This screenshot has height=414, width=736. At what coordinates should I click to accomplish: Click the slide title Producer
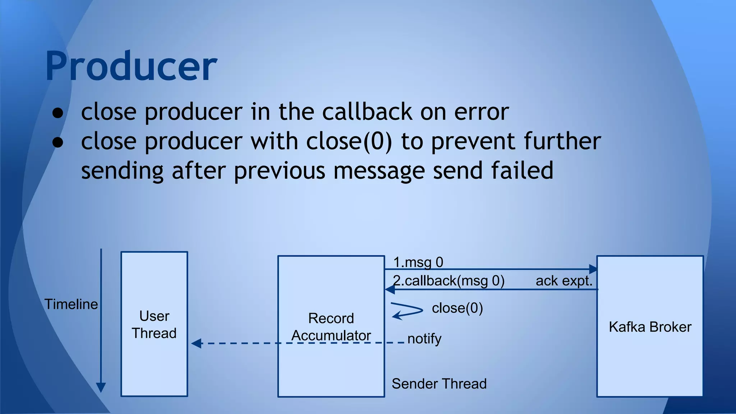(131, 66)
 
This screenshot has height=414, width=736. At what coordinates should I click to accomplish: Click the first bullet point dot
(57, 113)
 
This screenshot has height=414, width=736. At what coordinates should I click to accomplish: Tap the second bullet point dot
(57, 142)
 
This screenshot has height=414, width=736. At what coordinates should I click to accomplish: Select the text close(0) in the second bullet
(349, 141)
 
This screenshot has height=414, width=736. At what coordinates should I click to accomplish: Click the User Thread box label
(154, 325)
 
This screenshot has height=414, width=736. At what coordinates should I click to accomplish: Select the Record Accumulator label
(331, 327)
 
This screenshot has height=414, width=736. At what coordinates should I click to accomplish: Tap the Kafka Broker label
(650, 327)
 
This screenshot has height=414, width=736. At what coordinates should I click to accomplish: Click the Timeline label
(71, 304)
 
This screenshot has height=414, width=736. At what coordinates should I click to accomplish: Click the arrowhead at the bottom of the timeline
(101, 387)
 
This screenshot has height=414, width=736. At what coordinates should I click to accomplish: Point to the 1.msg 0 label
(418, 262)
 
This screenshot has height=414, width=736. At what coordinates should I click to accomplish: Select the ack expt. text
(564, 281)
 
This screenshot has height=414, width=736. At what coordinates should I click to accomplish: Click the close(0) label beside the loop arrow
(457, 308)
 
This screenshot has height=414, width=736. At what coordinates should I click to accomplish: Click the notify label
(424, 339)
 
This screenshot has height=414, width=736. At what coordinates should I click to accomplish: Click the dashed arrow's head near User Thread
(196, 343)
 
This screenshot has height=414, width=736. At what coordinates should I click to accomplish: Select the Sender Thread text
(439, 384)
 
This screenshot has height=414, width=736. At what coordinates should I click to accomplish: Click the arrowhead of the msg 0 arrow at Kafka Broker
(593, 269)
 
